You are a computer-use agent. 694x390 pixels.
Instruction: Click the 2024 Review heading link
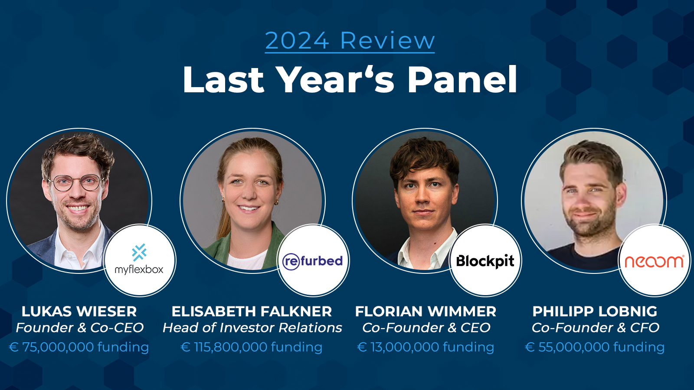point(350,41)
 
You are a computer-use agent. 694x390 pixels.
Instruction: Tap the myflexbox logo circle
point(140,260)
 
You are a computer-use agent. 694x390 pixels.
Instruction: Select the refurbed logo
point(313,260)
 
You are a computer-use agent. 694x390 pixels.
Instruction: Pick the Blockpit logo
point(485,260)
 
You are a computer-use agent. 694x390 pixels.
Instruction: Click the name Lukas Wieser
point(79,312)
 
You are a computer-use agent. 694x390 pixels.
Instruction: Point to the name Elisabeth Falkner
point(252,312)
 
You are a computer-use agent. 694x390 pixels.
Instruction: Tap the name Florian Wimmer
point(426,312)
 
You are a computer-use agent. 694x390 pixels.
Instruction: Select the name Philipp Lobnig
point(595,312)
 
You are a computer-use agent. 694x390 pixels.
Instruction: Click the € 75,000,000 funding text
point(79,347)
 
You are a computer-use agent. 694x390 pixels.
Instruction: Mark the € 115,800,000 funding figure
point(252,347)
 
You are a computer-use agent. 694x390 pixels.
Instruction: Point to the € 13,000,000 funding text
point(426,347)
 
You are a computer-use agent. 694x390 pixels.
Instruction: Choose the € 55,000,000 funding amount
point(595,347)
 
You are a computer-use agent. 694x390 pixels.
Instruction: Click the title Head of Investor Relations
point(252,328)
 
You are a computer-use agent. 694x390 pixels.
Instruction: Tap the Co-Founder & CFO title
point(596,328)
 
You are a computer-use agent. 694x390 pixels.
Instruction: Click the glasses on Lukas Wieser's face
point(76,182)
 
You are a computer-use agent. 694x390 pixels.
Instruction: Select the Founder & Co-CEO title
point(80,328)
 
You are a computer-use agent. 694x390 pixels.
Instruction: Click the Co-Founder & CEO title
point(426,328)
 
